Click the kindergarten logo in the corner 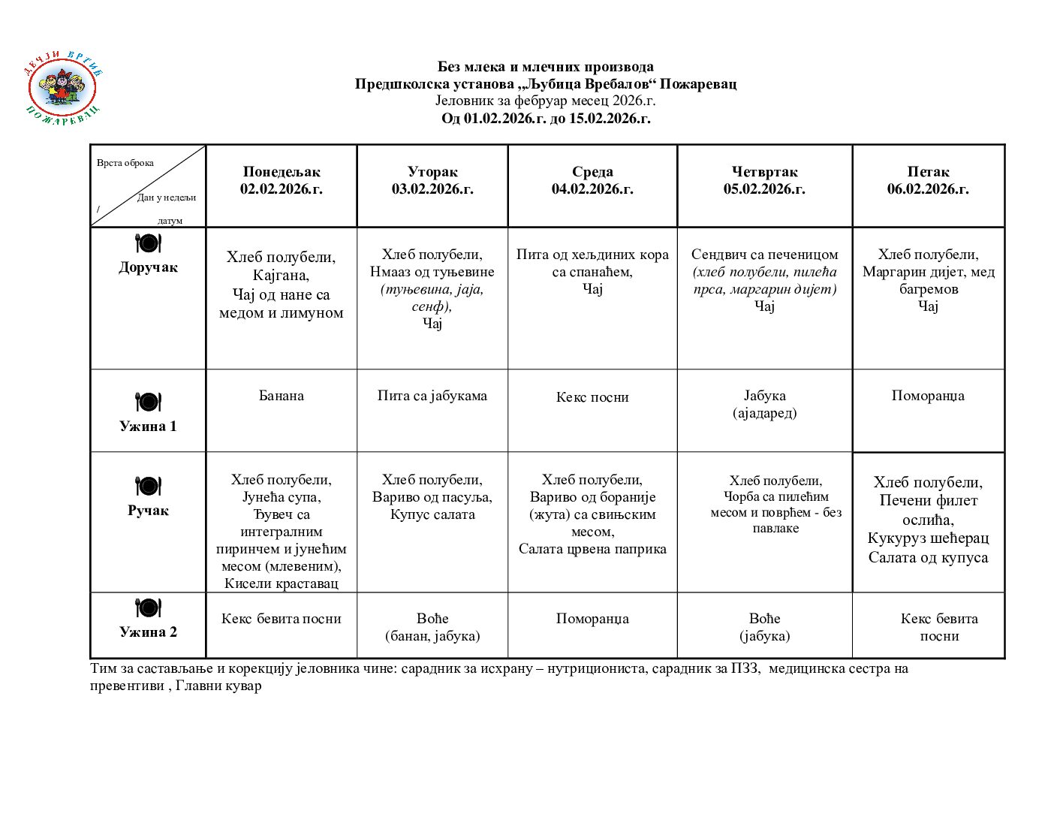pos(63,88)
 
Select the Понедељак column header pos(282,180)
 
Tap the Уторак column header pos(432,180)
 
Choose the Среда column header pos(592,180)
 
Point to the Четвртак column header pos(764,180)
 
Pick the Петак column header pos(928,180)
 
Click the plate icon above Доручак pos(148,243)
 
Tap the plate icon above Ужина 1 pos(148,402)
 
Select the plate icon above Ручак pos(148,486)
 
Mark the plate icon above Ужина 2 pos(148,607)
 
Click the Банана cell pos(282,396)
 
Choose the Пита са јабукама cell pos(432,396)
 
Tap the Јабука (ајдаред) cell pos(764,404)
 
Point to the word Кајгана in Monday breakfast pos(281,276)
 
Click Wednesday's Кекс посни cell pos(592,397)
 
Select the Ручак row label pos(148,511)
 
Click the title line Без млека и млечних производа pos(546,67)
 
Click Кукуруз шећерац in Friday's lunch pos(928,538)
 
